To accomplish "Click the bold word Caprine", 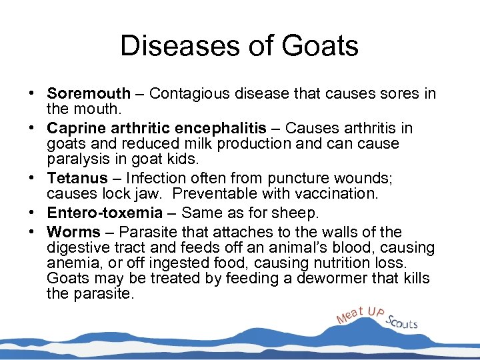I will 75,128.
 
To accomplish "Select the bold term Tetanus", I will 77,178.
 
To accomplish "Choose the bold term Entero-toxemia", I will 105,213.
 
